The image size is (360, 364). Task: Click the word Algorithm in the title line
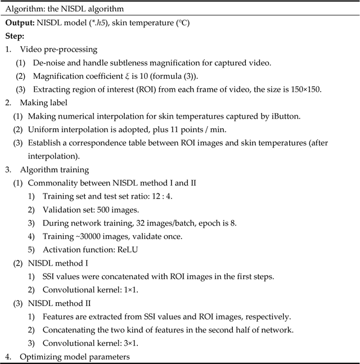[23, 10]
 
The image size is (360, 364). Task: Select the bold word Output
[21, 23]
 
